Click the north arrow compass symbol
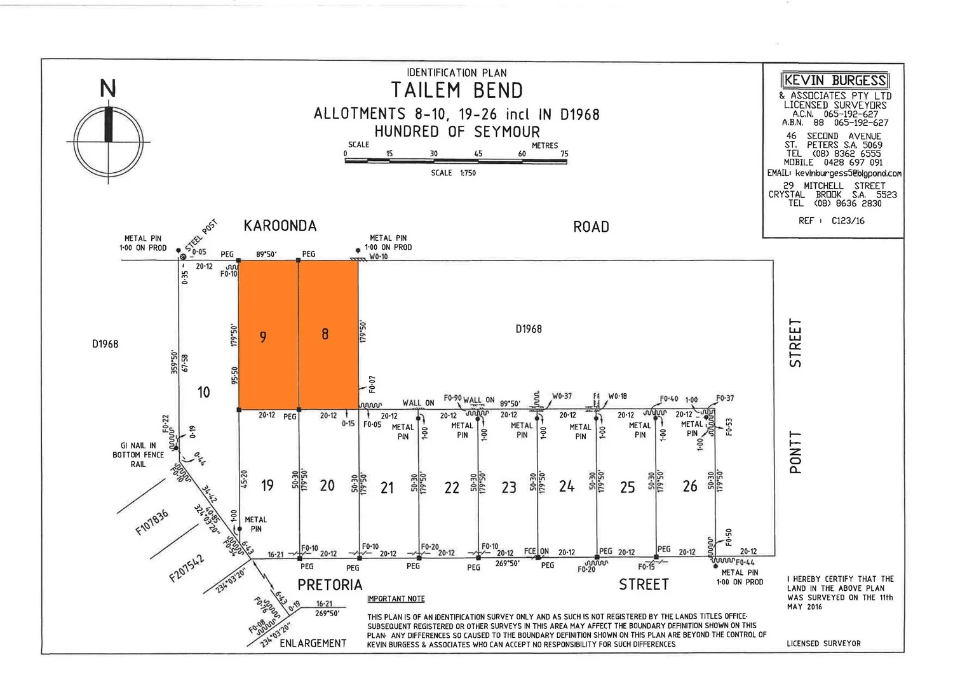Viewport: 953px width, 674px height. click(108, 137)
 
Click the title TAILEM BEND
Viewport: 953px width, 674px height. click(456, 90)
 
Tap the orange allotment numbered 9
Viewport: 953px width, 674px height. click(267, 335)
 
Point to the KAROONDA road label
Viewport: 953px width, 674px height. click(280, 226)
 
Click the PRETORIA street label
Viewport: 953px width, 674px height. click(330, 585)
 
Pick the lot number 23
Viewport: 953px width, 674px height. click(509, 487)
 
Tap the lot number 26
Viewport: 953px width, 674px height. click(690, 487)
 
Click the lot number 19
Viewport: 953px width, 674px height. click(267, 486)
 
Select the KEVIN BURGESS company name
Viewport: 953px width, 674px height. click(834, 81)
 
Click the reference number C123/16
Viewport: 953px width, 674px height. click(848, 221)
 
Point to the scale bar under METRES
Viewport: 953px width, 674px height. click(456, 161)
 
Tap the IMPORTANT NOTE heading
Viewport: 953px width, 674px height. click(396, 598)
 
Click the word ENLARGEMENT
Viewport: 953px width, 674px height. click(313, 643)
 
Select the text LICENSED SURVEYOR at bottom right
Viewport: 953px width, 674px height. click(823, 643)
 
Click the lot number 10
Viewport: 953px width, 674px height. click(203, 392)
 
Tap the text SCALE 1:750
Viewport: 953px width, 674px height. click(453, 173)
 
